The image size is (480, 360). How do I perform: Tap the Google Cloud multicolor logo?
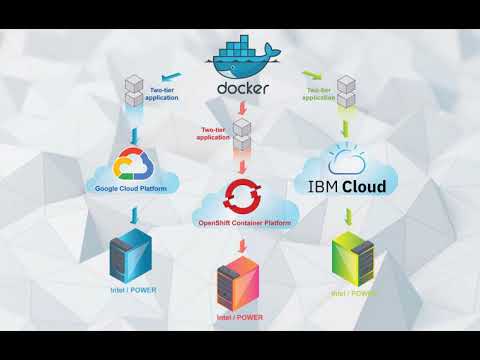132,164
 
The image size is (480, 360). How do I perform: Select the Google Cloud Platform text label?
132,187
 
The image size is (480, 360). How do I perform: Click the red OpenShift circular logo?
242,192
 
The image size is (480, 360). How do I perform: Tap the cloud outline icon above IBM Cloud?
346,160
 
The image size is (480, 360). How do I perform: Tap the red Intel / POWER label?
240,318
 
